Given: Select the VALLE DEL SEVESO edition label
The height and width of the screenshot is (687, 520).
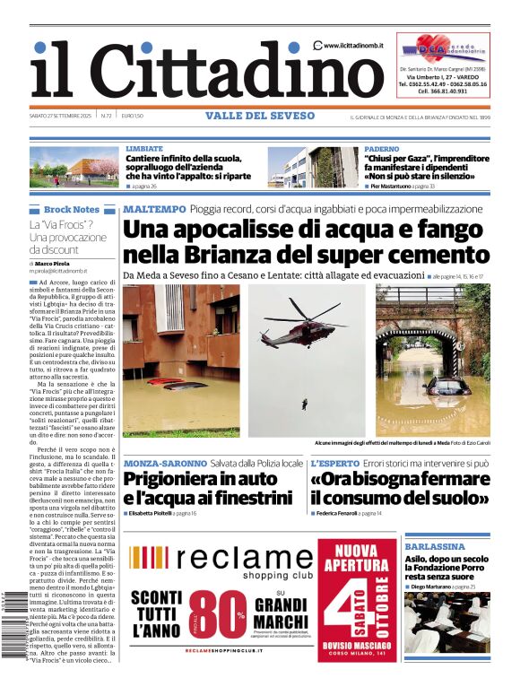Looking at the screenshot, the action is click(x=260, y=116).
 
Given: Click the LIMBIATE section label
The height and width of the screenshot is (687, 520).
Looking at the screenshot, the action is click(x=144, y=148).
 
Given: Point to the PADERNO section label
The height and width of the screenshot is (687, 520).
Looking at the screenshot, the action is click(x=383, y=148).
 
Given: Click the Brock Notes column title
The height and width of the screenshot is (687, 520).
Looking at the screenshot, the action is click(x=72, y=209).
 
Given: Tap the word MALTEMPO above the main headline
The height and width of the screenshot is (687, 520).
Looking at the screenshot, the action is click(x=154, y=209).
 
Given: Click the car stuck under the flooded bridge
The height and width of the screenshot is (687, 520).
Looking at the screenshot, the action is click(x=446, y=386).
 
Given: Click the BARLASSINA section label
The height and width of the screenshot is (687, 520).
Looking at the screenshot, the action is click(x=434, y=545).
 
